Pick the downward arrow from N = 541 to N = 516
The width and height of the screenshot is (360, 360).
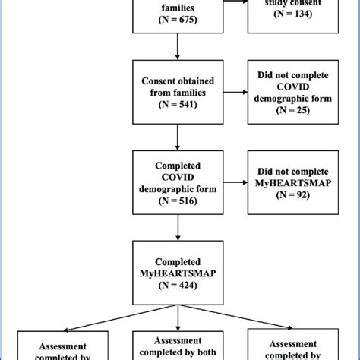176,137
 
